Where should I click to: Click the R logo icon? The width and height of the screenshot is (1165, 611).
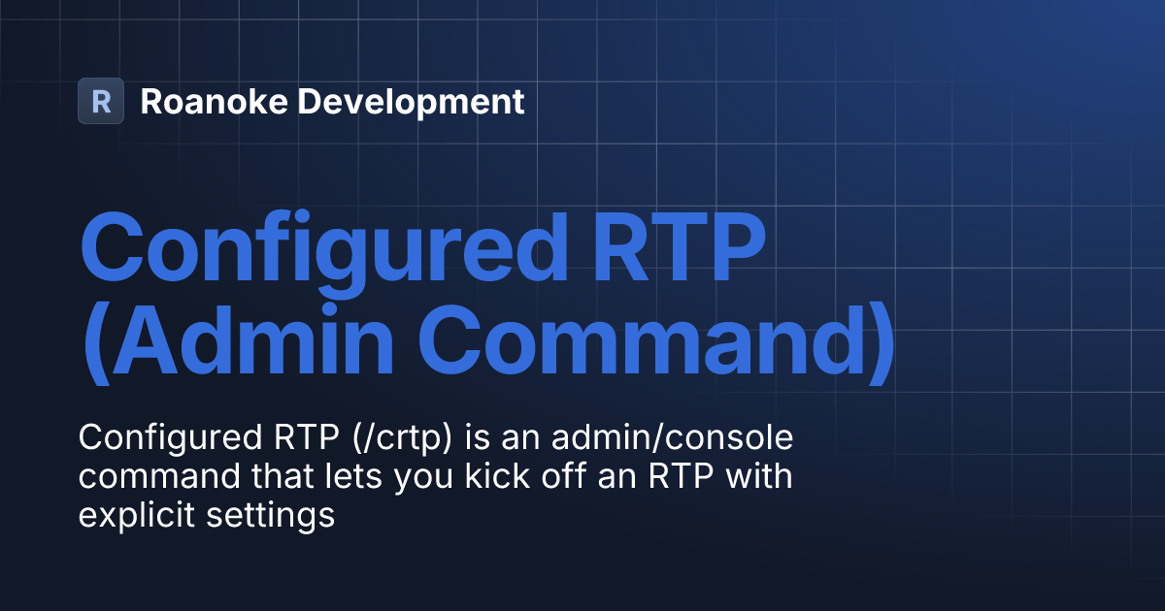tap(101, 101)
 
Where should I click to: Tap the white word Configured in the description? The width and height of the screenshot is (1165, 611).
tap(165, 438)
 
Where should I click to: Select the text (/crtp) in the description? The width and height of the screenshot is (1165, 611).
tap(393, 438)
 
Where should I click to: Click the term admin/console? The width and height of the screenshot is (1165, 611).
tap(671, 438)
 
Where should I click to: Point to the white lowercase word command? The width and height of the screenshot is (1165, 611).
tap(150, 477)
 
